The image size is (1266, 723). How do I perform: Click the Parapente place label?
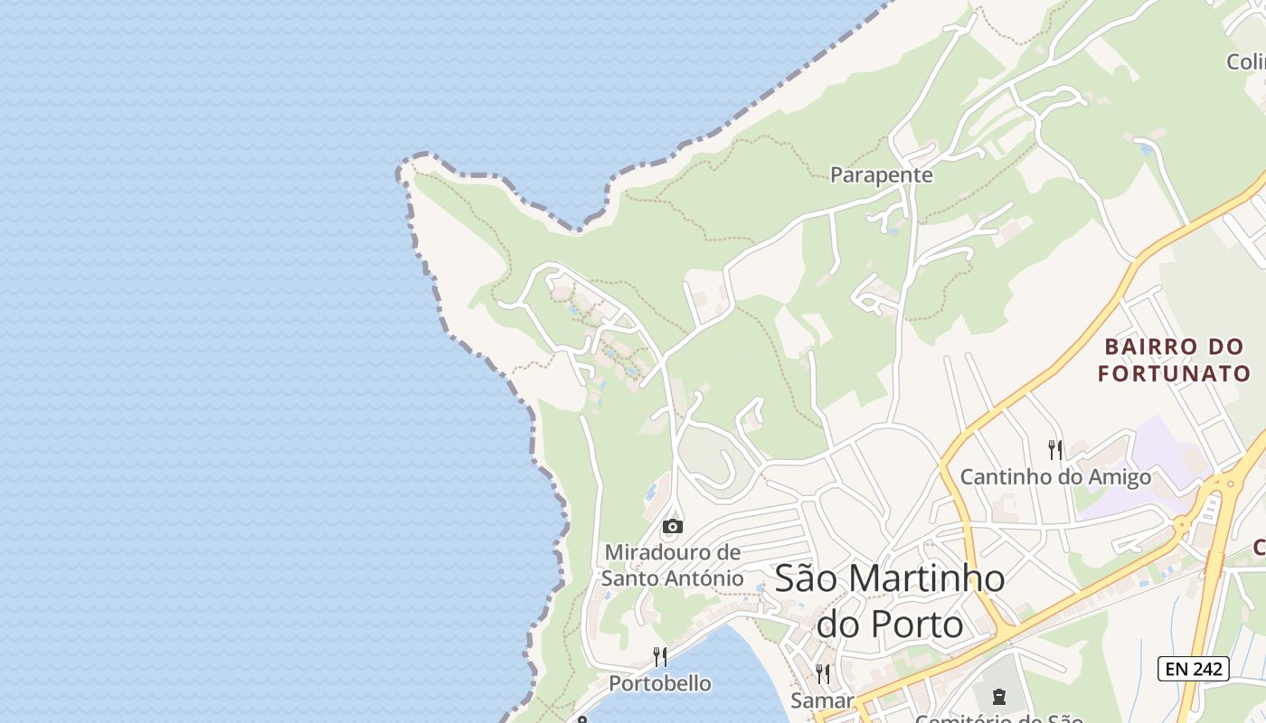click(x=882, y=174)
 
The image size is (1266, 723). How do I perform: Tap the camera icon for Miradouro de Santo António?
click(x=672, y=526)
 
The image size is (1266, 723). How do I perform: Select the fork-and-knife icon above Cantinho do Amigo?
click(x=1054, y=449)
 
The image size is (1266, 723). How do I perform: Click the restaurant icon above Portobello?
click(x=660, y=656)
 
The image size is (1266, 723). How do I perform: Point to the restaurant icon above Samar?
click(x=823, y=673)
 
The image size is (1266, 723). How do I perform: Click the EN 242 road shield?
click(x=1194, y=669)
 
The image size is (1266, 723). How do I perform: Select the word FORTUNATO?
click(x=1174, y=373)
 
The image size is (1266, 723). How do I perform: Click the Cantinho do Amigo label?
click(x=1055, y=477)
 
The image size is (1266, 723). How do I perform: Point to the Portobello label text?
click(x=660, y=683)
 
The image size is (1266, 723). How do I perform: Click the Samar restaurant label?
click(x=822, y=700)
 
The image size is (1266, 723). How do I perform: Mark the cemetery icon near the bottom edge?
click(x=998, y=696)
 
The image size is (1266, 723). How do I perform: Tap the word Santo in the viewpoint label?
click(x=630, y=578)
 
